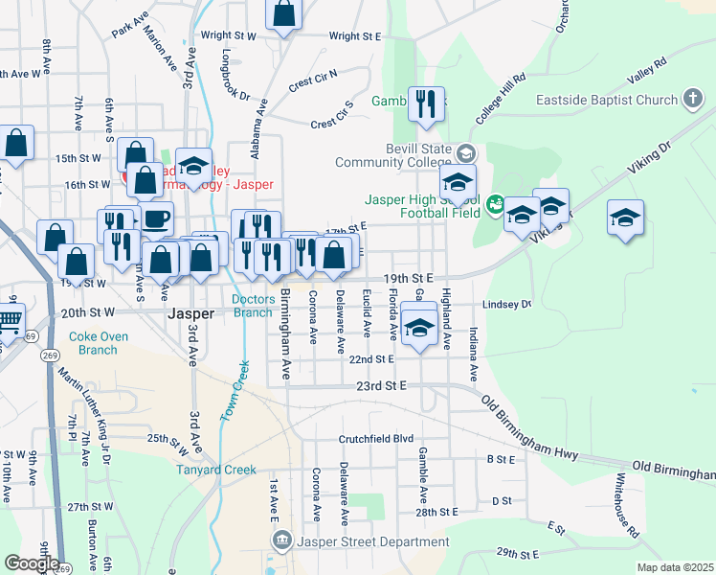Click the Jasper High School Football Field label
click(x=421, y=208)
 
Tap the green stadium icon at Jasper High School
click(x=494, y=202)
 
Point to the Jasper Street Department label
click(x=372, y=541)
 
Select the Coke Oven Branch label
click(x=93, y=343)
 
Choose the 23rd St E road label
click(x=382, y=384)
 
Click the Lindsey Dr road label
click(x=506, y=304)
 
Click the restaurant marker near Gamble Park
click(x=426, y=103)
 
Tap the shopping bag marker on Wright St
click(x=283, y=13)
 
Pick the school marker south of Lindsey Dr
click(x=418, y=328)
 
